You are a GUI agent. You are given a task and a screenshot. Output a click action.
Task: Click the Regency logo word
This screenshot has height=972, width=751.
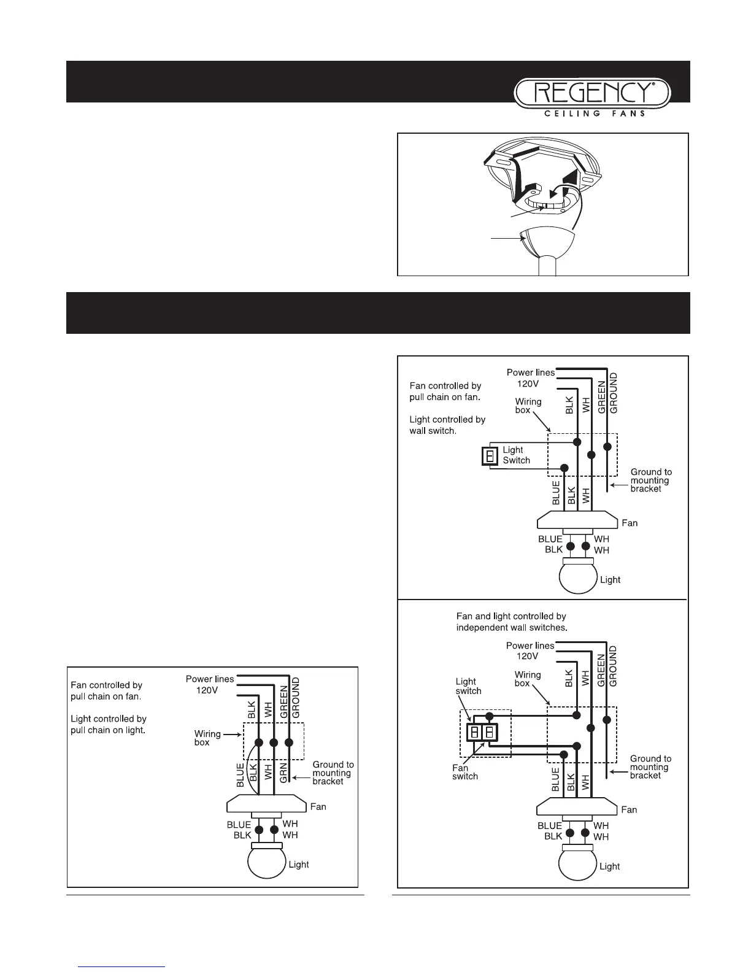[593, 94]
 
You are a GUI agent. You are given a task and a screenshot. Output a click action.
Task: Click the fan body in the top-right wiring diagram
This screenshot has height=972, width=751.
[577, 520]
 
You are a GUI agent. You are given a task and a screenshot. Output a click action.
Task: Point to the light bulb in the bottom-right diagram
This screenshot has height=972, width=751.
[578, 862]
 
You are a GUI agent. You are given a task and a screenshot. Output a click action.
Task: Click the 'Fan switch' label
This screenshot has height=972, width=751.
[464, 772]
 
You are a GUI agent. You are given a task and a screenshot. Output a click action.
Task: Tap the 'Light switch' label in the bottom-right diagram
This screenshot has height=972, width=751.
[468, 686]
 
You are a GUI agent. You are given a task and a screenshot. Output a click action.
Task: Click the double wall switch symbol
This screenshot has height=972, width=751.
[482, 732]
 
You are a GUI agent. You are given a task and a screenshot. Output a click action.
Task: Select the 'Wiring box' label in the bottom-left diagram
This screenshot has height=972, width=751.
[207, 738]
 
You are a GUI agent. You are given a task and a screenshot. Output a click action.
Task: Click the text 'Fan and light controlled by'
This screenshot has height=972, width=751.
[511, 616]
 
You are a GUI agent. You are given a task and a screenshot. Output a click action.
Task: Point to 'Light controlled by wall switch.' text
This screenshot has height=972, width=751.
[447, 425]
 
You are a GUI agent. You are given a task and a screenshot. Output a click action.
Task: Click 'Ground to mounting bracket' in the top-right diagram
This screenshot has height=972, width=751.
[651, 480]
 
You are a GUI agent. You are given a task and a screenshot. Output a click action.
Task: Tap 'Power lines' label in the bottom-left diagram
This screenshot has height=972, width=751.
[210, 679]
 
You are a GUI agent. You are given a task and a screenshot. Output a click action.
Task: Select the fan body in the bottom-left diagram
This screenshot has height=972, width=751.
[266, 804]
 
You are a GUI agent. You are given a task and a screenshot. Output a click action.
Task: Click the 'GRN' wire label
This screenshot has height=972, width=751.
[284, 775]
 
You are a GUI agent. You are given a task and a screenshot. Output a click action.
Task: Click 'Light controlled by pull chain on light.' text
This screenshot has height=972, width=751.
[109, 724]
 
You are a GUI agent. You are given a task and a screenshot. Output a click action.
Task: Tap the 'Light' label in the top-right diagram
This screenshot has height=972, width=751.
[610, 580]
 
